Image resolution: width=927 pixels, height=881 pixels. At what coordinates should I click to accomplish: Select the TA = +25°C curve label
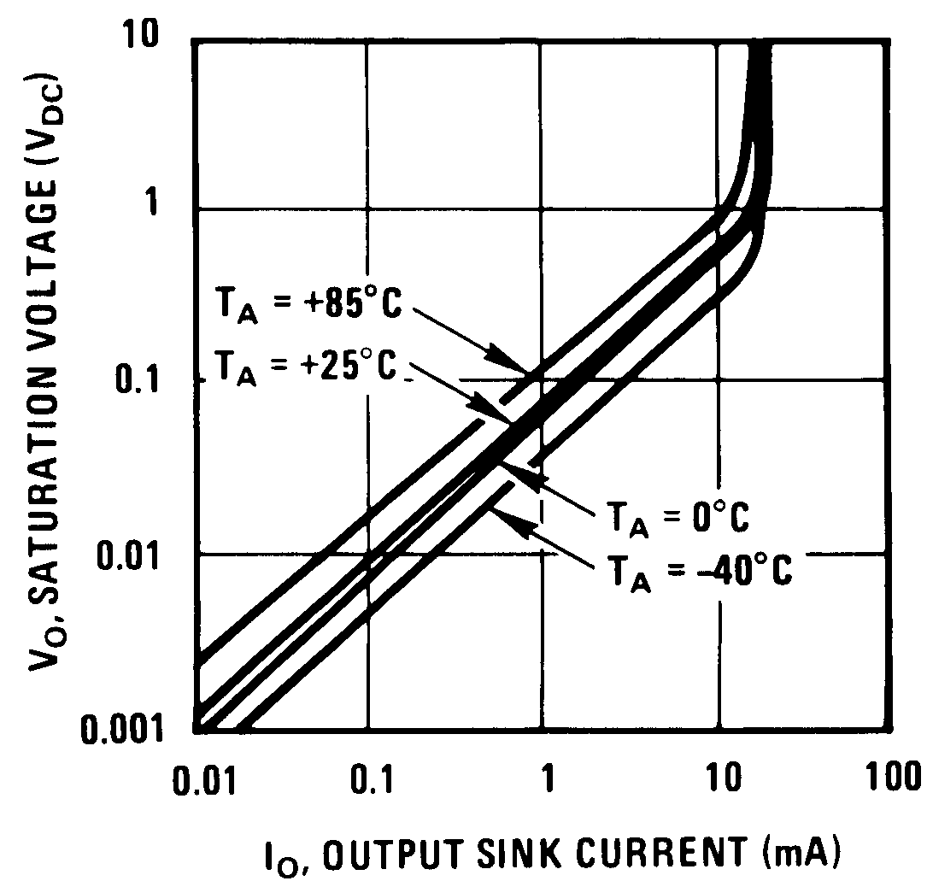(308, 368)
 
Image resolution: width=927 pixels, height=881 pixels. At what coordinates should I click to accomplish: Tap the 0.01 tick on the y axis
(140, 555)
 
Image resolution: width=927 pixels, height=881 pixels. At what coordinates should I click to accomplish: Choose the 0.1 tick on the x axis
(368, 780)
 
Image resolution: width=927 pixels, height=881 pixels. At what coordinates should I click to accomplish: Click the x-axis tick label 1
(546, 780)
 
